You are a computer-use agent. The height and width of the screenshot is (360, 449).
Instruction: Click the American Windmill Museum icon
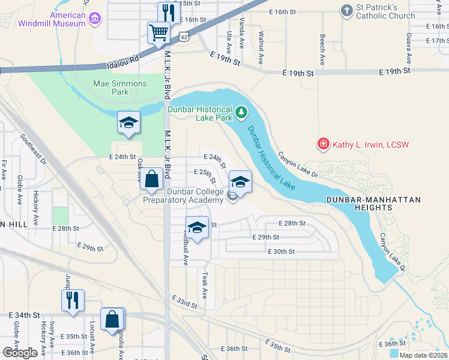[x=94, y=19]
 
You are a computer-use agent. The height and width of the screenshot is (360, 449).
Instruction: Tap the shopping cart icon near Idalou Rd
[x=157, y=32]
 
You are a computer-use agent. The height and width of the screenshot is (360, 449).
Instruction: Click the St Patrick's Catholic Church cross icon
[x=346, y=10]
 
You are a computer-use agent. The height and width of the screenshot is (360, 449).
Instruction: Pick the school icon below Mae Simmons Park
[x=128, y=122]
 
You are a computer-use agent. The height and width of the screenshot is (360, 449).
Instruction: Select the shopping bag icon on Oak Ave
[x=152, y=178]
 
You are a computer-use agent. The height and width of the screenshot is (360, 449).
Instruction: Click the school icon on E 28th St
[x=196, y=227]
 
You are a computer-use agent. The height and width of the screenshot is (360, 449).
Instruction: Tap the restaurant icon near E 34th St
[x=73, y=299]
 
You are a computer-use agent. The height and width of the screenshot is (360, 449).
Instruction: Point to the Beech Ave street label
[x=322, y=49]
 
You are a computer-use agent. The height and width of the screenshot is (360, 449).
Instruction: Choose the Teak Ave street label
[x=205, y=285]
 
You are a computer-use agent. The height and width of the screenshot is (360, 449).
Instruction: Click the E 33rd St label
[x=184, y=302]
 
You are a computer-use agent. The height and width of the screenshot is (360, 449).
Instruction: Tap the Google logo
[x=20, y=353]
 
